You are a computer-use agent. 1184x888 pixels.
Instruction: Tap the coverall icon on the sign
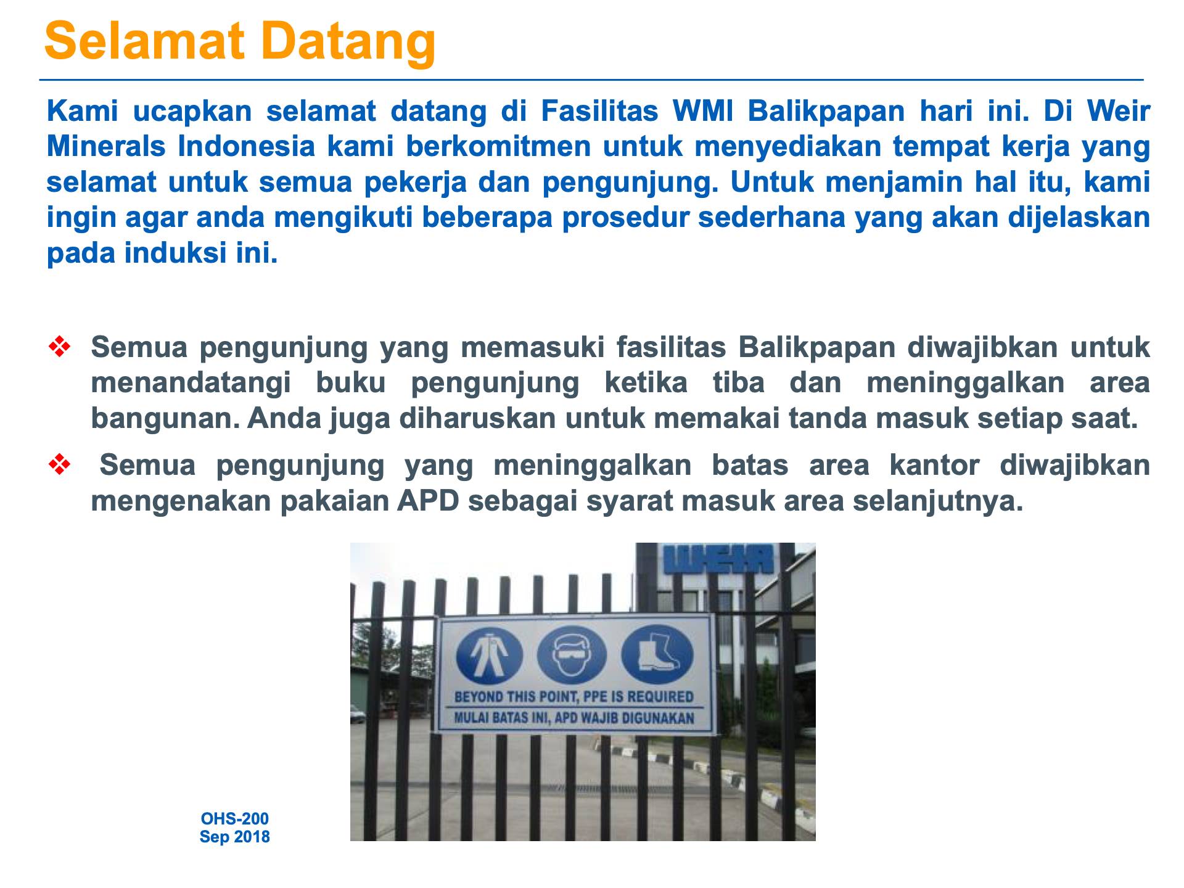tap(489, 655)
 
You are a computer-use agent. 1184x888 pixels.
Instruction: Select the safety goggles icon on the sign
tap(571, 655)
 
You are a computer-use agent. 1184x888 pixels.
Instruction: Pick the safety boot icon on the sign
tap(656, 655)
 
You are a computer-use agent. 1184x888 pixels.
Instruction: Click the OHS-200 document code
tap(235, 819)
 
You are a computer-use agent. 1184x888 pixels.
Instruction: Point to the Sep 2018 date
tap(235, 837)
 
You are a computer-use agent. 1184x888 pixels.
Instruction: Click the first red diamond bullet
tap(59, 347)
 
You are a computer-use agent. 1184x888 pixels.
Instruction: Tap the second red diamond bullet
tap(59, 465)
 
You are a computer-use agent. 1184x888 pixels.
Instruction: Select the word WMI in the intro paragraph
tap(705, 112)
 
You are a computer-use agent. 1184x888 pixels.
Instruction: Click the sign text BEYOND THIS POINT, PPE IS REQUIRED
tap(574, 697)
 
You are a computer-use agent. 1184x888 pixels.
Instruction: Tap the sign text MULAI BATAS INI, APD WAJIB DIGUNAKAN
tap(574, 718)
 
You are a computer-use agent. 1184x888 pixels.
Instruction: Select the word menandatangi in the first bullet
tap(191, 384)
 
